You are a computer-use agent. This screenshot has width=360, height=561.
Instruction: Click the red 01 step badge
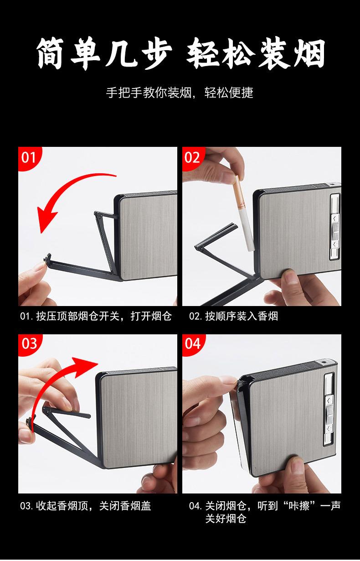[28, 158]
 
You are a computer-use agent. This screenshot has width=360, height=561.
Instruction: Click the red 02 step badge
[192, 158]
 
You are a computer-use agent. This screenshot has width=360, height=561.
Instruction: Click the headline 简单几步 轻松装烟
[180, 53]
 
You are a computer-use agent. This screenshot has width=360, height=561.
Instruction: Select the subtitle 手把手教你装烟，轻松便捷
[180, 93]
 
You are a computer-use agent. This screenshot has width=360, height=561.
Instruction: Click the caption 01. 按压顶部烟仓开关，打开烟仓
[96, 317]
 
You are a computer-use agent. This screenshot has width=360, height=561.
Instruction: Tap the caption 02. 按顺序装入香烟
[233, 317]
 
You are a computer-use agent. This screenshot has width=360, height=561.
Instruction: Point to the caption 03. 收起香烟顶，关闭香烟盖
[86, 506]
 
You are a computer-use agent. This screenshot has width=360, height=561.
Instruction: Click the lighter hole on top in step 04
[324, 363]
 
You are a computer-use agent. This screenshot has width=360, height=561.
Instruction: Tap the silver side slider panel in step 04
[329, 410]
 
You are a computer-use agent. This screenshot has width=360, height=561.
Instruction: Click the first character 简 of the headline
[51, 53]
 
